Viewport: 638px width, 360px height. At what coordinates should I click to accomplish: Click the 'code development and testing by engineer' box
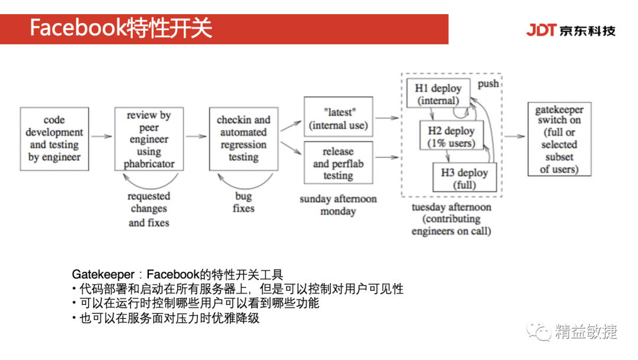[55, 139]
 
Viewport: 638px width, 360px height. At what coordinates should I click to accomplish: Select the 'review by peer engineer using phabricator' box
[149, 139]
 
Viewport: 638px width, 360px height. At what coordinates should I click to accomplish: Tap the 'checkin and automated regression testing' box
[243, 139]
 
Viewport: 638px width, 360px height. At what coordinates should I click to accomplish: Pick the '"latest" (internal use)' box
[338, 118]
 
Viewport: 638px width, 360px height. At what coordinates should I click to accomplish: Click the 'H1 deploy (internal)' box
[438, 93]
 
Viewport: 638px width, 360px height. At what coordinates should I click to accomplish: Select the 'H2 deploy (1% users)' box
[451, 136]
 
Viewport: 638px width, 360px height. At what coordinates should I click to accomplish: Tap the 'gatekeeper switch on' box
[559, 139]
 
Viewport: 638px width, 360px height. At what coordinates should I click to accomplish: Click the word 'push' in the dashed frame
[488, 84]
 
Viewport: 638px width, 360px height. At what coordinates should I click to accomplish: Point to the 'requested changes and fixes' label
[149, 209]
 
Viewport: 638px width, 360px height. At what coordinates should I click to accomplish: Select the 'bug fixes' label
[243, 202]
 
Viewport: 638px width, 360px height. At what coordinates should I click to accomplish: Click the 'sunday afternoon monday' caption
[338, 205]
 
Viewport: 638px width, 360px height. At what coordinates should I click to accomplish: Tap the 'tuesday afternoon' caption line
[451, 207]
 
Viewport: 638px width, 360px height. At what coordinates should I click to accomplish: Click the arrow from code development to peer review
[102, 137]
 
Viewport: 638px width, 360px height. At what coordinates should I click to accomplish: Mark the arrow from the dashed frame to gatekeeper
[514, 137]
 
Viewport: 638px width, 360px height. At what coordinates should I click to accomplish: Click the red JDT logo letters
[541, 30]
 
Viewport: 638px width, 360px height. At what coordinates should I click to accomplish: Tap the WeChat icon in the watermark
[540, 332]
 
